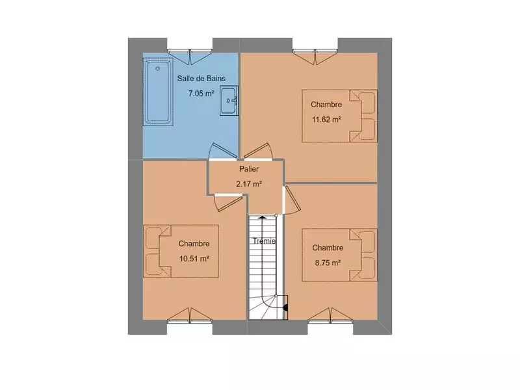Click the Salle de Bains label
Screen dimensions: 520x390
pyautogui.click(x=201, y=79)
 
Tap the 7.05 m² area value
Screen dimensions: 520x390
pyautogui.click(x=201, y=94)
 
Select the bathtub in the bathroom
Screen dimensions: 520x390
pyautogui.click(x=158, y=92)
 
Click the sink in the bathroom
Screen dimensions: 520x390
pyautogui.click(x=229, y=101)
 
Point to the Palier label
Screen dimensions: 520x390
pyautogui.click(x=249, y=169)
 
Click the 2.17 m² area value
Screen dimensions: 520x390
pyautogui.click(x=249, y=184)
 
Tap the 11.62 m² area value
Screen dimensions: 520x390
pyautogui.click(x=327, y=120)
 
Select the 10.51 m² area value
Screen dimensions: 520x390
pyautogui.click(x=194, y=259)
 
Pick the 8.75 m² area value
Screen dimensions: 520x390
pyautogui.click(x=328, y=263)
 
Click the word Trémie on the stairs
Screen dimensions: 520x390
pyautogui.click(x=265, y=241)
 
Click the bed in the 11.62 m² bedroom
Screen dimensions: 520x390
pyautogui.click(x=339, y=116)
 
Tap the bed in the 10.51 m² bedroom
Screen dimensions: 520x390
pyautogui.click(x=181, y=251)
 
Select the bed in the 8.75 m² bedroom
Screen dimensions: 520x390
pyautogui.click(x=339, y=255)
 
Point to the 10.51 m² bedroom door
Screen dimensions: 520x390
pyautogui.click(x=228, y=202)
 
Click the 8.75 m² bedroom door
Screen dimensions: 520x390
pyautogui.click(x=292, y=200)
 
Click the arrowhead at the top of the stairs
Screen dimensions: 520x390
pyautogui.click(x=263, y=218)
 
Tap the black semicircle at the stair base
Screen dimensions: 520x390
pyautogui.click(x=286, y=307)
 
